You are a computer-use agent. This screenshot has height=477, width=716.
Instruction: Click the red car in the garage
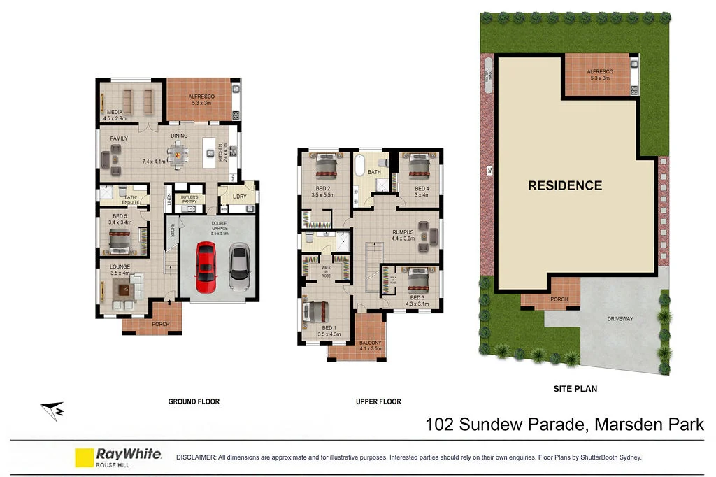click(x=206, y=266)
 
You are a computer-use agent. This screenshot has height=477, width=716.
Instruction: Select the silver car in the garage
click(x=239, y=266)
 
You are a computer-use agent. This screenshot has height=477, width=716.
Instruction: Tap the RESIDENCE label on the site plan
click(x=564, y=185)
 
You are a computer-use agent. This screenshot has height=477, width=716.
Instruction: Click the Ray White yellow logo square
click(x=84, y=457)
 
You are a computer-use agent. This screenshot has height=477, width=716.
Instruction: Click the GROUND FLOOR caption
click(x=194, y=401)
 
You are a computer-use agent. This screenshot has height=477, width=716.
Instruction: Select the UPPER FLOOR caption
click(x=378, y=401)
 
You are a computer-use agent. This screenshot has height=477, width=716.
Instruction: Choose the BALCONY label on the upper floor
click(x=370, y=343)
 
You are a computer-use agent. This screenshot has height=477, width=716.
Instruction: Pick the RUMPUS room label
click(x=403, y=232)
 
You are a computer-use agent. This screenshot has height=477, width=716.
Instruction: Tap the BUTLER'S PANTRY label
click(x=190, y=199)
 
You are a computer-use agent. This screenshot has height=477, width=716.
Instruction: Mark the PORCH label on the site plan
click(x=559, y=299)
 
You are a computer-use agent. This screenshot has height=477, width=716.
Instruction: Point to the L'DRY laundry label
click(x=240, y=197)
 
